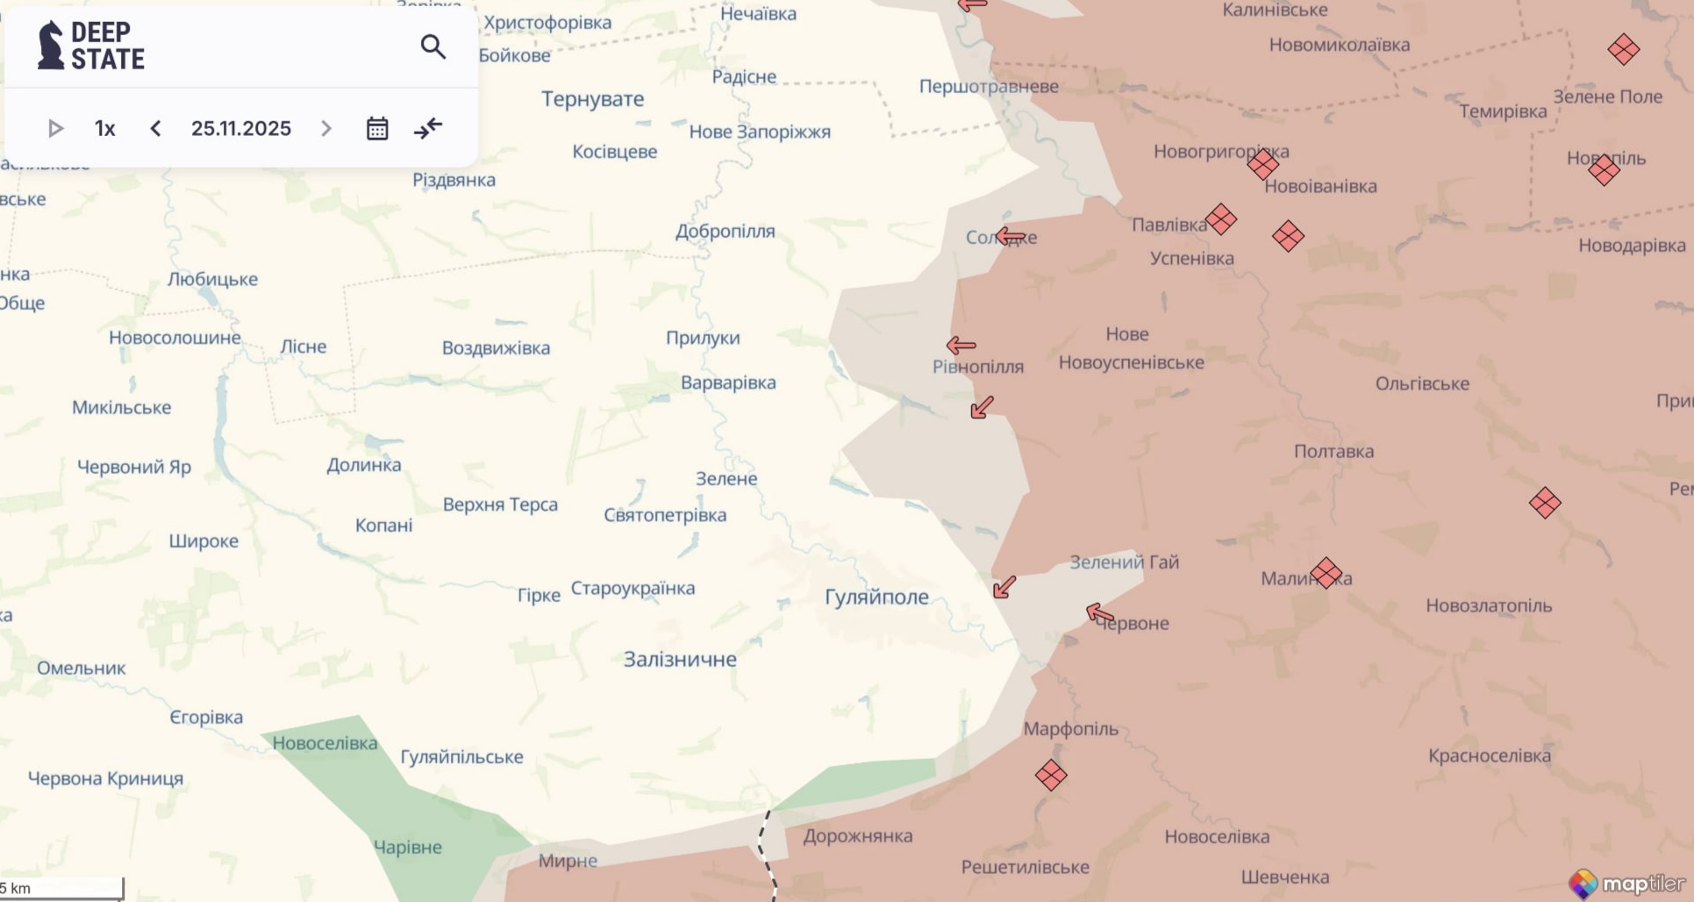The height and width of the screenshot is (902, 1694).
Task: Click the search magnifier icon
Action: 432,47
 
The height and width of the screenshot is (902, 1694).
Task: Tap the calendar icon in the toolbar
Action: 377,128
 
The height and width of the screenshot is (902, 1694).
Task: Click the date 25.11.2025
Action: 241,128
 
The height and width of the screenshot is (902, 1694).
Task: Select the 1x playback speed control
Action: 105,128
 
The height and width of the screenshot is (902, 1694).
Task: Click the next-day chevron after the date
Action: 326,128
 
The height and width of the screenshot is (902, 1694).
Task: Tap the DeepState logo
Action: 90,46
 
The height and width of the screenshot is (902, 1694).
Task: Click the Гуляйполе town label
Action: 876,597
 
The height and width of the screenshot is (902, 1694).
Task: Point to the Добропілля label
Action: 725,232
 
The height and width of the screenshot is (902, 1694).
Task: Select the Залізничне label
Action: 680,659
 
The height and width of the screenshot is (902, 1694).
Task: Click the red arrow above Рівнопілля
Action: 961,345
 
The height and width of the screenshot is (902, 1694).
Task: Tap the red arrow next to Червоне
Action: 1100,613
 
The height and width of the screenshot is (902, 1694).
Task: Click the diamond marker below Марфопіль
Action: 1051,775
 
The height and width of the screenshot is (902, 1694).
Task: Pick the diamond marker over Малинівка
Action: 1326,573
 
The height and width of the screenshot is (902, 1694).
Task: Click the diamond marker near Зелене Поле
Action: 1623,49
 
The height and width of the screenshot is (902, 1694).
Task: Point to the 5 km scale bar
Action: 61,888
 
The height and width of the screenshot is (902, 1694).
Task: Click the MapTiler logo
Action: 1627,883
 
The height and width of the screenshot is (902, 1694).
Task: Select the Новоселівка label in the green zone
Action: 325,743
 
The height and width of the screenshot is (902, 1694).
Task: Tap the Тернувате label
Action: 592,99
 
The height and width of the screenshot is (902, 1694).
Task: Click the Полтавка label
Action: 1333,451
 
